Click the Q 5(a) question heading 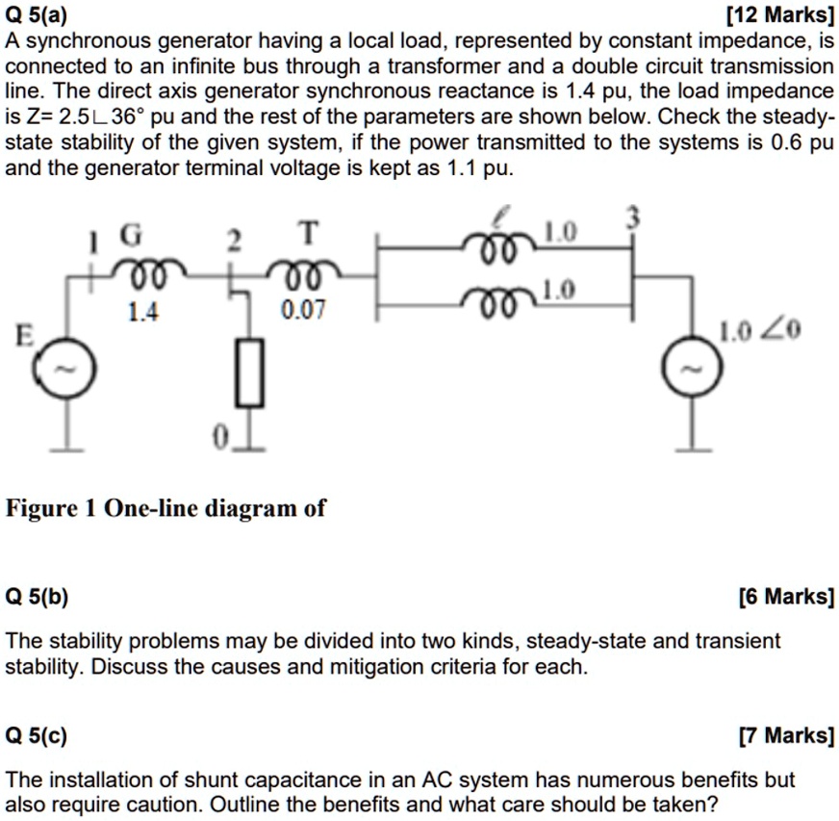pyautogui.click(x=36, y=14)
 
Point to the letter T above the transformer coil pyautogui.click(x=306, y=233)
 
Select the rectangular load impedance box pyautogui.click(x=250, y=372)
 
